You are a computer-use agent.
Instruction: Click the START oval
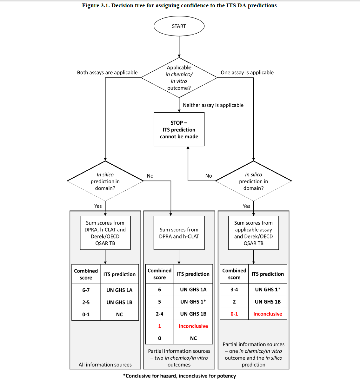179,26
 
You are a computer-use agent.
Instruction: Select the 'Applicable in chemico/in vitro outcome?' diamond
179,77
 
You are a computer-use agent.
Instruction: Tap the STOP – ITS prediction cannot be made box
179,129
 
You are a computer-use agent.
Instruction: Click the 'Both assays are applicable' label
107,72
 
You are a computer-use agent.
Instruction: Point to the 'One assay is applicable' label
247,72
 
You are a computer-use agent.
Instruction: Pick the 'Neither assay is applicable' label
213,105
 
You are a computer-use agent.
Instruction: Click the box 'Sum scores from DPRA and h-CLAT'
179,233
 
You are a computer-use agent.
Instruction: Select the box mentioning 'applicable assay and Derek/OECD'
253,233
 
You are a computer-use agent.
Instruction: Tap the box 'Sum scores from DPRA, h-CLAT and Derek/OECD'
105,233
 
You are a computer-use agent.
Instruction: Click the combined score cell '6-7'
86,290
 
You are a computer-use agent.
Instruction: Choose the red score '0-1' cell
234,314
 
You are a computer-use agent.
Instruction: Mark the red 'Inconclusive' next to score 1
193,326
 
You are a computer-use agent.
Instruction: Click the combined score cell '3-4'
234,289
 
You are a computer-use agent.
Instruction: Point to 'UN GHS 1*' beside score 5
193,302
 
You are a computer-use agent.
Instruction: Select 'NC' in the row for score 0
193,338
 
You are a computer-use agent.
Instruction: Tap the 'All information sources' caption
105,365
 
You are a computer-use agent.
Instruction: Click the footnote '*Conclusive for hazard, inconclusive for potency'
179,376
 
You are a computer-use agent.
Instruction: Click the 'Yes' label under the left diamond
98,206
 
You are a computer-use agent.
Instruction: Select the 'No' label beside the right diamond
209,176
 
